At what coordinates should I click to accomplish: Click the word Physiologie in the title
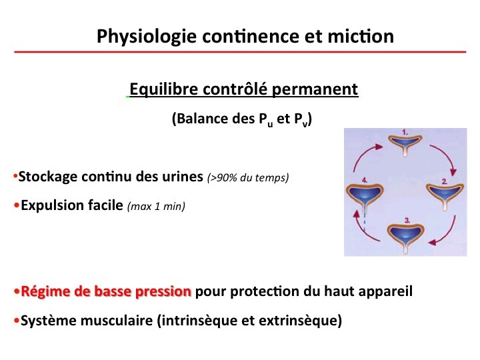tap(147, 37)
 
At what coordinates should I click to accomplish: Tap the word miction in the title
tap(361, 36)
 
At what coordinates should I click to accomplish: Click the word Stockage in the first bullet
tap(48, 177)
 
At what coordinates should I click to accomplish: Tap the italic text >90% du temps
tap(248, 177)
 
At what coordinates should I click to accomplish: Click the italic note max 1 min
tap(156, 206)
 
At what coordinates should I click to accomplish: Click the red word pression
tap(163, 292)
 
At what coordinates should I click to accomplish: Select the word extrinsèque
tap(300, 321)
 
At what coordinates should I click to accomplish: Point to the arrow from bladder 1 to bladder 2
tap(447, 157)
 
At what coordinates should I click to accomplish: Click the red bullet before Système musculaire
tap(16, 321)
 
